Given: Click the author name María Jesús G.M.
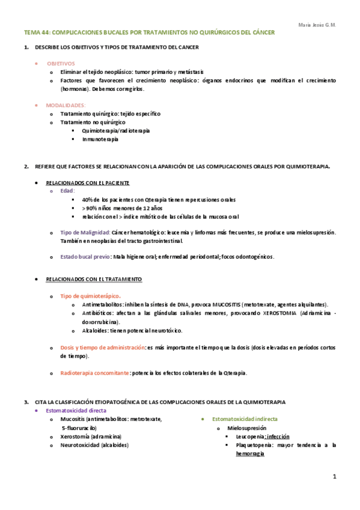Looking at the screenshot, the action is [x=317, y=25].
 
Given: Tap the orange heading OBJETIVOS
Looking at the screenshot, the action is [x=61, y=63].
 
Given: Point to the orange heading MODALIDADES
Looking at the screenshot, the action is [x=66, y=105].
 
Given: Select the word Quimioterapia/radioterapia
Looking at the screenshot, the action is [x=116, y=131].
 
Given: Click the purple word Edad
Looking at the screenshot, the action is [x=67, y=191].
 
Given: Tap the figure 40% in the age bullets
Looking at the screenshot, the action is [x=88, y=199].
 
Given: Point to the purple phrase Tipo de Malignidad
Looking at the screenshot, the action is [x=85, y=232].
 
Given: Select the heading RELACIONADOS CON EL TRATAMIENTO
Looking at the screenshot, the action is [x=94, y=279].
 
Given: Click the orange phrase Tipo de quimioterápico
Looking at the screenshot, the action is [x=90, y=296].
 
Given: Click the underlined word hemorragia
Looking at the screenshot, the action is [x=250, y=454].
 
